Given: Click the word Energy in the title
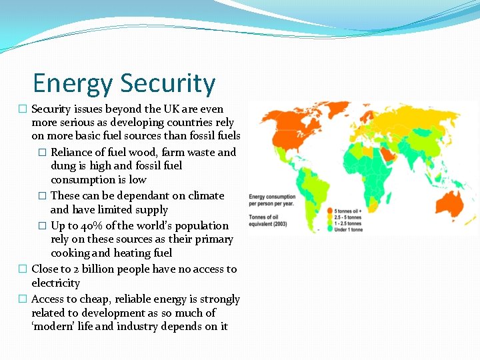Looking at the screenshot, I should tap(73, 84).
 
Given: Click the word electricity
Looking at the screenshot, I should tap(55, 283).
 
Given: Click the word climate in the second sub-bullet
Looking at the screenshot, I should tap(206, 196).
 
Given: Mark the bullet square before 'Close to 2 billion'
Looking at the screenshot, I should tap(22, 269).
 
